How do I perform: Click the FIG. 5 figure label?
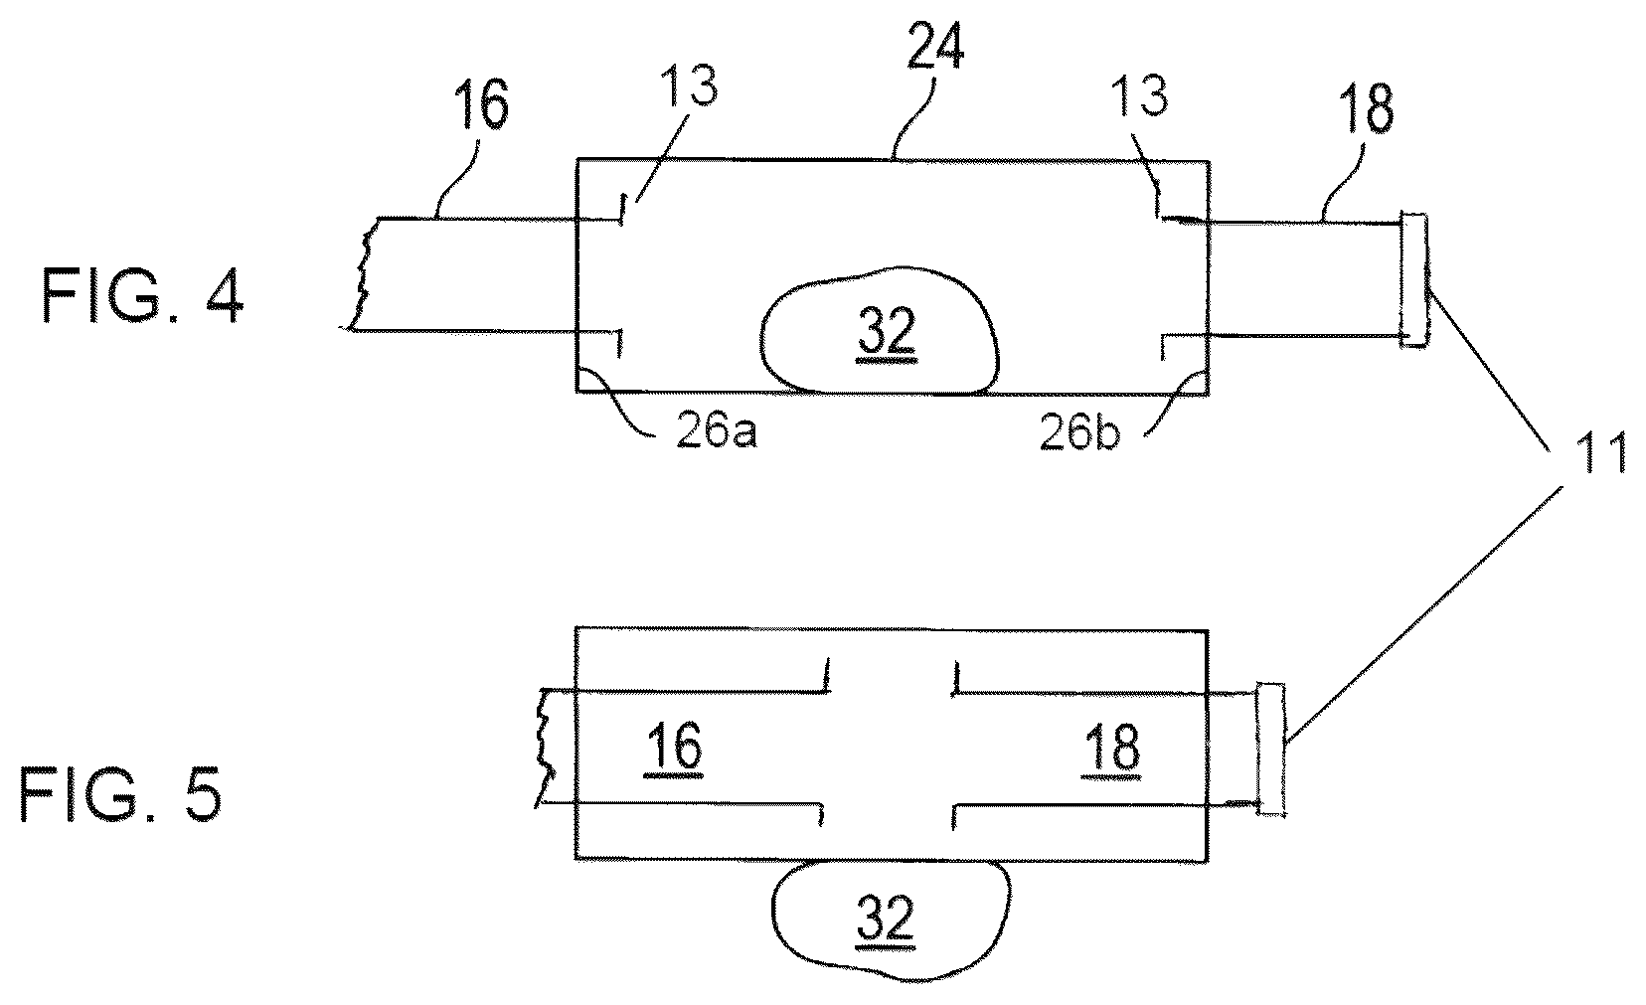pyautogui.click(x=120, y=794)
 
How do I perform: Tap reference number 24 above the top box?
pyautogui.click(x=934, y=46)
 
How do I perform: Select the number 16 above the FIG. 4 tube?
pyautogui.click(x=480, y=104)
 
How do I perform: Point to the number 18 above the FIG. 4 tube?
pyautogui.click(x=1366, y=108)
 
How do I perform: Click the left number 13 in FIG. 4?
pyautogui.click(x=689, y=85)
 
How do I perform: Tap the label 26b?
pyautogui.click(x=1079, y=432)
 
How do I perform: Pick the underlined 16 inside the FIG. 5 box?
pyautogui.click(x=675, y=748)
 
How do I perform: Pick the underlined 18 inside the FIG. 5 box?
pyautogui.click(x=1112, y=749)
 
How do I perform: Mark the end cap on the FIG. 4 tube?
pyautogui.click(x=1414, y=280)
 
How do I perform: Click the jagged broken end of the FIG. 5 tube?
pyautogui.click(x=545, y=748)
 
